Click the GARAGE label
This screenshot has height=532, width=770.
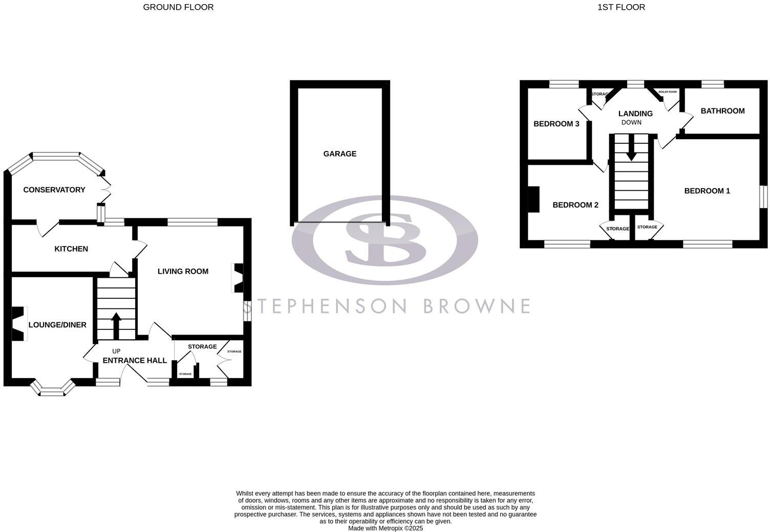pyautogui.click(x=339, y=153)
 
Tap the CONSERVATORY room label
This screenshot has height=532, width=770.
pyautogui.click(x=54, y=190)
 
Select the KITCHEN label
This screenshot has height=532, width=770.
pyautogui.click(x=71, y=249)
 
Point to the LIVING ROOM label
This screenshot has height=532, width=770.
pyautogui.click(x=183, y=271)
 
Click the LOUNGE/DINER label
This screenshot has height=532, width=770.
pyautogui.click(x=57, y=325)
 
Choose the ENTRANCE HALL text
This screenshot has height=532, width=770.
pyautogui.click(x=135, y=360)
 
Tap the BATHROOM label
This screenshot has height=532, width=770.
pyautogui.click(x=722, y=110)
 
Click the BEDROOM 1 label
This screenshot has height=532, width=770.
pyautogui.click(x=707, y=191)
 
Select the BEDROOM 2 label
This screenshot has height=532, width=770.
pyautogui.click(x=575, y=205)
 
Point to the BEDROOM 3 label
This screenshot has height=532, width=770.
pyautogui.click(x=557, y=124)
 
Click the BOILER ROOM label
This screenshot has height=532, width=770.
pyautogui.click(x=668, y=92)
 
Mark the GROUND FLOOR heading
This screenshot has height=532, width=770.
pyautogui.click(x=178, y=7)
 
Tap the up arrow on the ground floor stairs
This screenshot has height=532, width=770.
pyautogui.click(x=116, y=324)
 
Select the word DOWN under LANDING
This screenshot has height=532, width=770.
pyautogui.click(x=631, y=122)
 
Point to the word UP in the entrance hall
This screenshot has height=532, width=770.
pyautogui.click(x=116, y=351)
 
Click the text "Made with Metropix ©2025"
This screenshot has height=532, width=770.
pyautogui.click(x=386, y=528)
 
